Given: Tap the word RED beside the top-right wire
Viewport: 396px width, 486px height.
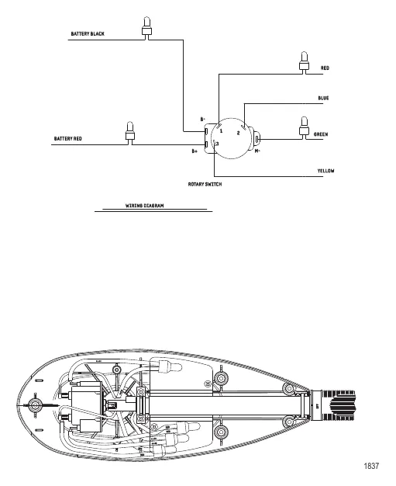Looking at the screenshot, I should [x=325, y=68].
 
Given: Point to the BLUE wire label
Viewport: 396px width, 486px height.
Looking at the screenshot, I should [x=324, y=99].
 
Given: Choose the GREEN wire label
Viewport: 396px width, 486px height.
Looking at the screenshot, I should [x=321, y=134].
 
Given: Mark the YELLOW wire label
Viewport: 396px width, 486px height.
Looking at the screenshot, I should [x=325, y=170].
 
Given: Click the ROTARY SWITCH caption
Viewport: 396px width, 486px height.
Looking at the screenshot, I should [x=209, y=185].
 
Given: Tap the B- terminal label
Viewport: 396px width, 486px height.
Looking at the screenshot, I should [x=203, y=119].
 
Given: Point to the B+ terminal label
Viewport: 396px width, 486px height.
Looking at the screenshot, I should [x=195, y=151].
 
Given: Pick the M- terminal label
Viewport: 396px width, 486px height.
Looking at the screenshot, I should [x=258, y=151].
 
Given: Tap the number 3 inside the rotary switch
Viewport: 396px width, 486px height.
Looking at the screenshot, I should [x=218, y=144].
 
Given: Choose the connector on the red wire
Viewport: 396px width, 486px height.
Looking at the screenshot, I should [x=303, y=60].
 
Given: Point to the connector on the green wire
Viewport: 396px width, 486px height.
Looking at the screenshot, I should [x=303, y=126].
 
